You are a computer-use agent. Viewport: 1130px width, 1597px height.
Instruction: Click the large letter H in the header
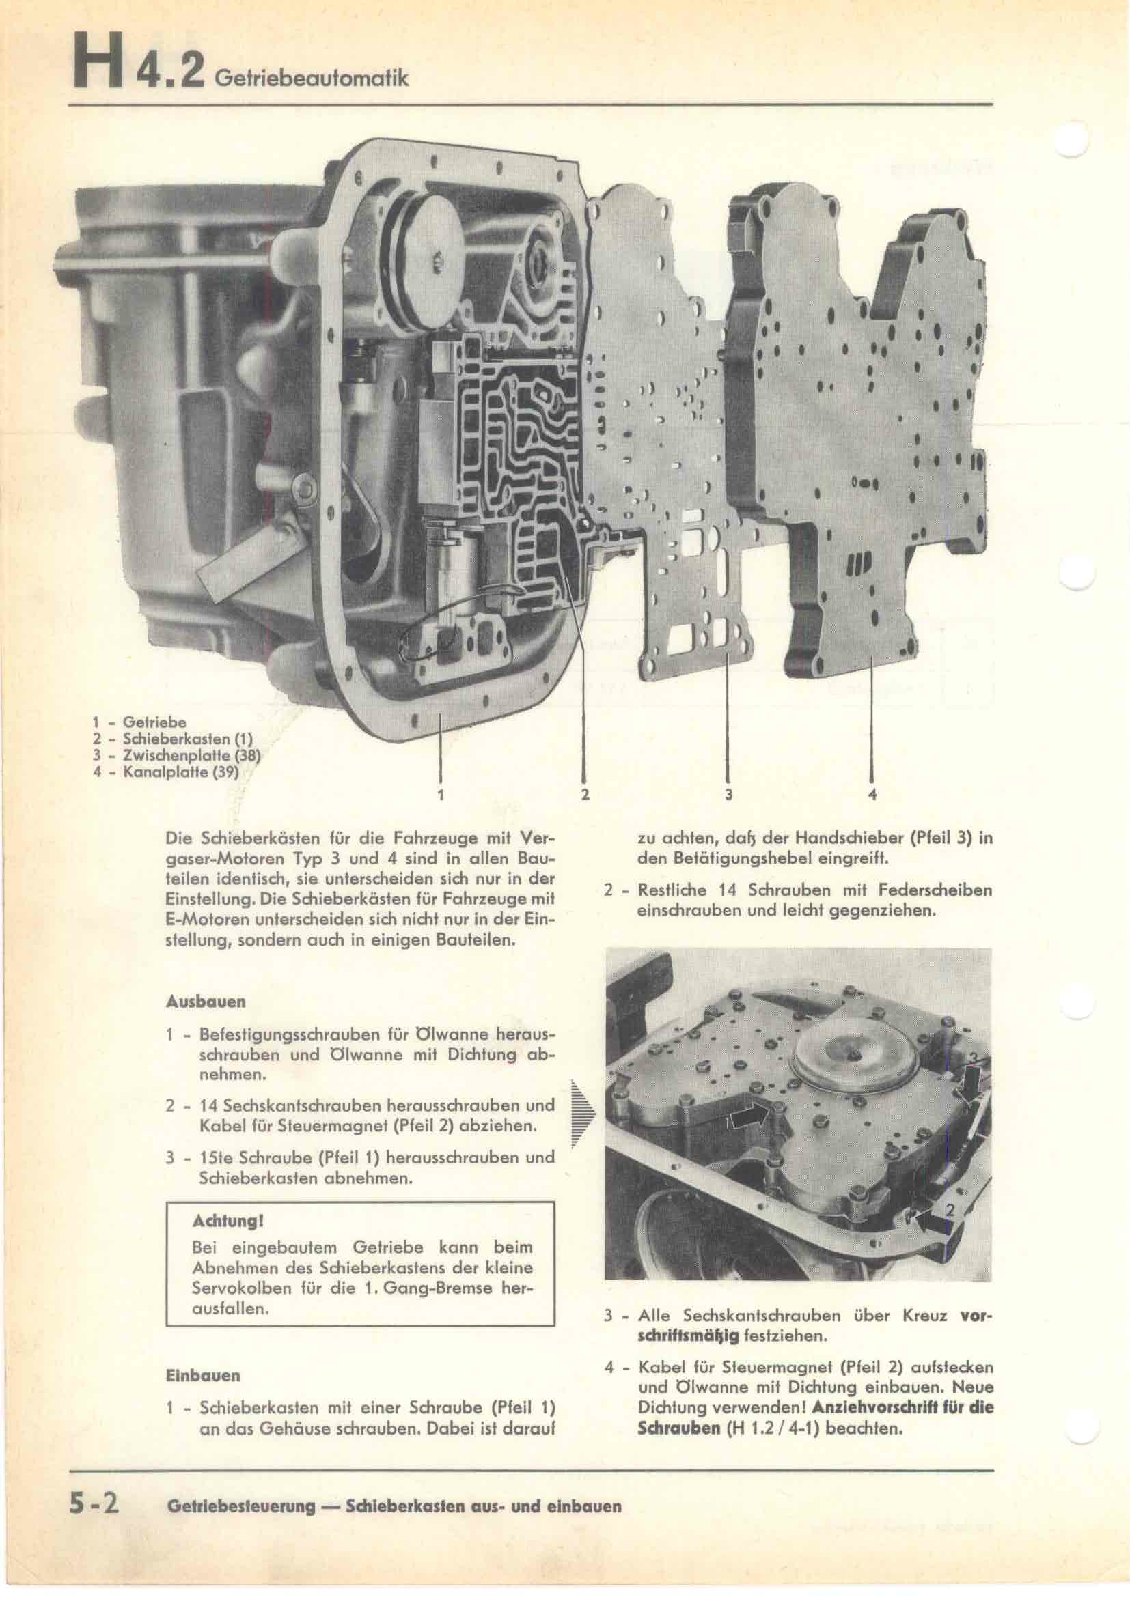point(93,65)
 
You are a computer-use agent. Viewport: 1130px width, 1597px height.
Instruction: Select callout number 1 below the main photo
point(441,793)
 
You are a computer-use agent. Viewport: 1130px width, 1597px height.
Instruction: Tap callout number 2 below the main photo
point(585,793)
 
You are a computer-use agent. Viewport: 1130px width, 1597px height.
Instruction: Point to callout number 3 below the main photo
point(728,793)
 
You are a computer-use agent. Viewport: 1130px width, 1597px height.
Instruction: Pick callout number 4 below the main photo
point(872,793)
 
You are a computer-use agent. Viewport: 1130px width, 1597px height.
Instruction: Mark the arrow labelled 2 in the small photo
point(931,1234)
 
